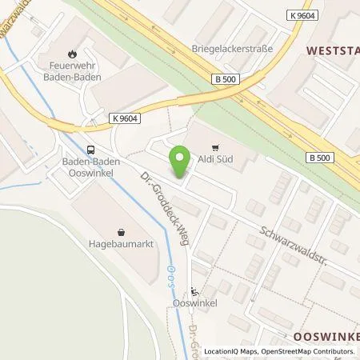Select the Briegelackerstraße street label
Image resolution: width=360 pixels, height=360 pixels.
pos(232,48)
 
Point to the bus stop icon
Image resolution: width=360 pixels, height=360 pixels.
pos(90,149)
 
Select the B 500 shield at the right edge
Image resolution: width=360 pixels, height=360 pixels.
pos(323,159)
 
